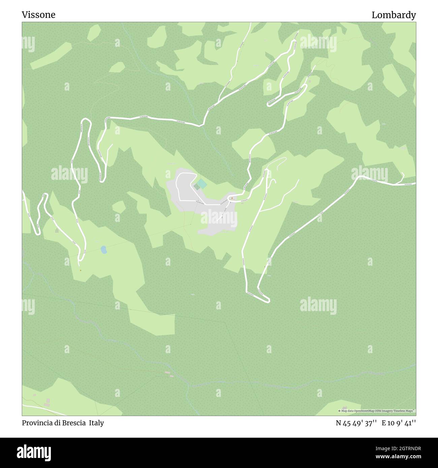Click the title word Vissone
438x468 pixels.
[38, 15]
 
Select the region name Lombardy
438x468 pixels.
[394, 15]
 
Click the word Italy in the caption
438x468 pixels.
[96, 423]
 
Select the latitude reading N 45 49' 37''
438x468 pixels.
[356, 423]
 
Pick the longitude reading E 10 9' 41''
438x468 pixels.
[399, 423]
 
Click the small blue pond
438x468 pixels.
[104, 250]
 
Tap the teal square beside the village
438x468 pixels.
[201, 184]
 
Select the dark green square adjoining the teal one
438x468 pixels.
[196, 187]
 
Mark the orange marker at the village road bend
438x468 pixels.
[232, 198]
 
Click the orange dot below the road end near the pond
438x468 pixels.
[80, 270]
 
